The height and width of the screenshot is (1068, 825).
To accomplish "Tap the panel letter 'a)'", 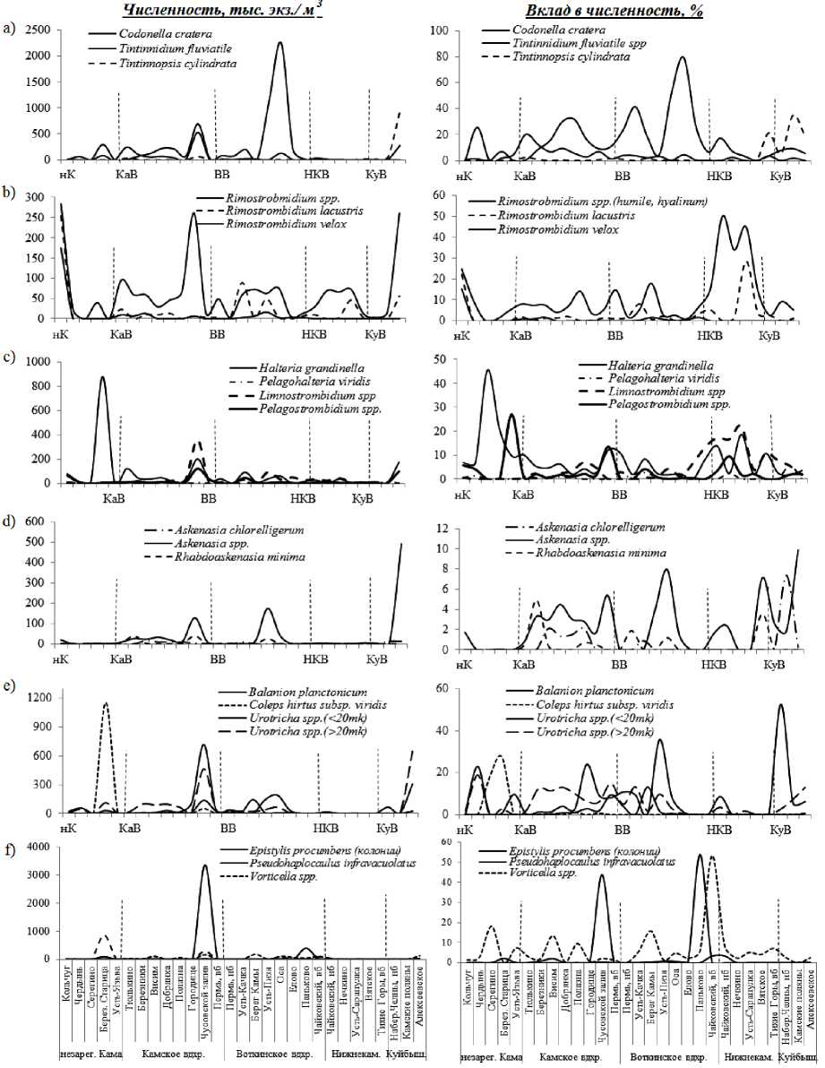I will click(10, 30).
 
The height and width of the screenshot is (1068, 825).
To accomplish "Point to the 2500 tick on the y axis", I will click(37, 31).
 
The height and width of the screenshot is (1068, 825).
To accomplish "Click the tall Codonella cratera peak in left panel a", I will click(280, 43).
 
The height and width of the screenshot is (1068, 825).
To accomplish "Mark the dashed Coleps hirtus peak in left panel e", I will click(106, 703).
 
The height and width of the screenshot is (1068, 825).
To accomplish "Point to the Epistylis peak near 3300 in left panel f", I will click(205, 866).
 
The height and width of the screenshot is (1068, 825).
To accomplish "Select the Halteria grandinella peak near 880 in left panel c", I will click(102, 377).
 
